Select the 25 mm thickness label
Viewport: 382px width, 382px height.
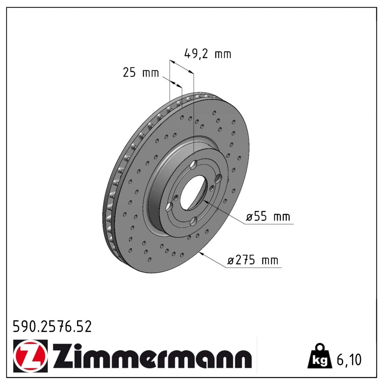[x=140, y=73]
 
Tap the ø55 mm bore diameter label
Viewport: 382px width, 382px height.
[x=268, y=217]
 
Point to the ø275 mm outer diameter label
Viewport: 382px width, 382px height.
[x=253, y=260]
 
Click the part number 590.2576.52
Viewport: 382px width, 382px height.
[x=52, y=327]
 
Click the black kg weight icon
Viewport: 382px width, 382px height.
[x=319, y=356]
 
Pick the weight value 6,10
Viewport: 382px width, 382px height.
[x=349, y=360]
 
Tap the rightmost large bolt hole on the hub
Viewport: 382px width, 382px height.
[x=218, y=179]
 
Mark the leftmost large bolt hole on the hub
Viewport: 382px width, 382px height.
[x=169, y=207]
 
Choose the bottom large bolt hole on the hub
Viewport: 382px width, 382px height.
[x=193, y=221]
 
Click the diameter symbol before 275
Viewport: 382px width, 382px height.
[x=231, y=260]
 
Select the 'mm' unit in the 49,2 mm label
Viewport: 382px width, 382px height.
[x=223, y=54]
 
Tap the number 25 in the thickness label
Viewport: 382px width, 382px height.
[x=129, y=73]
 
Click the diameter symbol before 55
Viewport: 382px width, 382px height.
[x=250, y=217]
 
